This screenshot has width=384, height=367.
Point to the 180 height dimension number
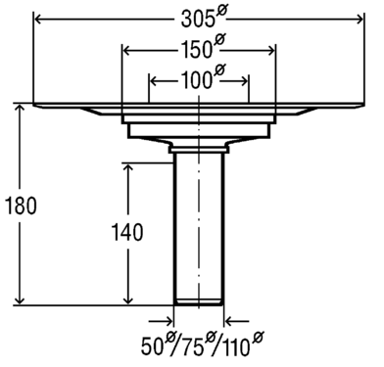click(22, 206)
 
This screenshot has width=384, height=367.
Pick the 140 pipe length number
click(127, 232)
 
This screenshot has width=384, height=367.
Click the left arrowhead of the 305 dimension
click(39, 20)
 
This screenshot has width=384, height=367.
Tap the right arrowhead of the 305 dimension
click(358, 20)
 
